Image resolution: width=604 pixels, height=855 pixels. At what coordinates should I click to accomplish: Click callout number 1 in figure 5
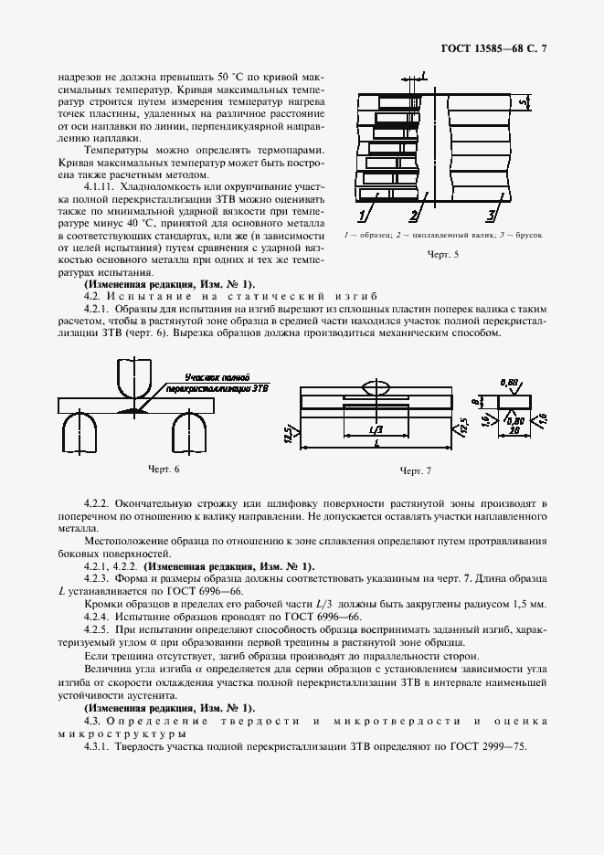[363, 216]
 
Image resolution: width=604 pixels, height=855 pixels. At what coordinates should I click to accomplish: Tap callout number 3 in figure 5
[491, 216]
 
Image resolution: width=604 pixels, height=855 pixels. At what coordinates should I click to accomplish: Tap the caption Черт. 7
[415, 471]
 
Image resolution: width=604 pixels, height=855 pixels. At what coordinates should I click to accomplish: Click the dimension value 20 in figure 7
[514, 429]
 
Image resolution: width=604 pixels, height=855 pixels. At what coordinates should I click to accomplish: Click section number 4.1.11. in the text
[102, 185]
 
